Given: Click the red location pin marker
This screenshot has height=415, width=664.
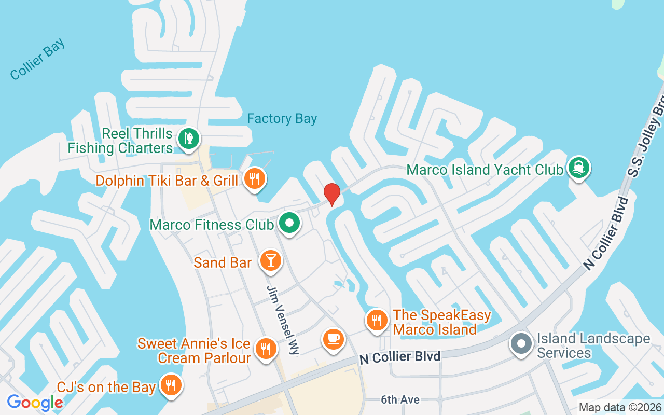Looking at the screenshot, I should coord(332,194).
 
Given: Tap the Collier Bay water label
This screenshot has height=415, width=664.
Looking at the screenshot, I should coord(38,59).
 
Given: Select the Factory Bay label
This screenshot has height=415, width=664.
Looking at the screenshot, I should coord(282,119).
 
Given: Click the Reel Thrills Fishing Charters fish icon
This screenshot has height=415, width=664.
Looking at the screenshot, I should coord(189,139).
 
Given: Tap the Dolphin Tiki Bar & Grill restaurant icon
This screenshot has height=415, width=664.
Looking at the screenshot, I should coord(254,179).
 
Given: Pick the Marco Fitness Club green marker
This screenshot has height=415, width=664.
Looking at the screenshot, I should coord(289,224).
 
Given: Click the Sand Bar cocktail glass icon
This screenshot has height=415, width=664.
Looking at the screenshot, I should coord(270,260).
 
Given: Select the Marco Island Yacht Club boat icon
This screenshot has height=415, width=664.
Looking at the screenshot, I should coord(579,168).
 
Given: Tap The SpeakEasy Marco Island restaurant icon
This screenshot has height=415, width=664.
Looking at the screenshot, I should coord(377,321).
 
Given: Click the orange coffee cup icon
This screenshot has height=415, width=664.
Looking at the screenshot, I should coord(333,339).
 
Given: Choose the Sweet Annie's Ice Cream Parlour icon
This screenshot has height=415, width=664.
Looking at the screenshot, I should coord(266,349).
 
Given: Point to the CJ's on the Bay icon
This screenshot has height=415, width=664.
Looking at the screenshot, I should coord(170,385).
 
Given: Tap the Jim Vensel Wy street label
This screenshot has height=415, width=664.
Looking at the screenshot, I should coord(283,320).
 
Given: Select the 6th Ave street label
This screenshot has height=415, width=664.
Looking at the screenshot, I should coord(400,399).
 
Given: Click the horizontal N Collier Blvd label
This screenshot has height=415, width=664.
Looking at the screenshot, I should coord(400,357).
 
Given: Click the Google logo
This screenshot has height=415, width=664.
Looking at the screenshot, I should coord(35,402).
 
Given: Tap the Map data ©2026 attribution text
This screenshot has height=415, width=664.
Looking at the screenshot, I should coord(620,408).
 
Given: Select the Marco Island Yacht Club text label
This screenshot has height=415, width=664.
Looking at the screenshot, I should coord(485,170).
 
